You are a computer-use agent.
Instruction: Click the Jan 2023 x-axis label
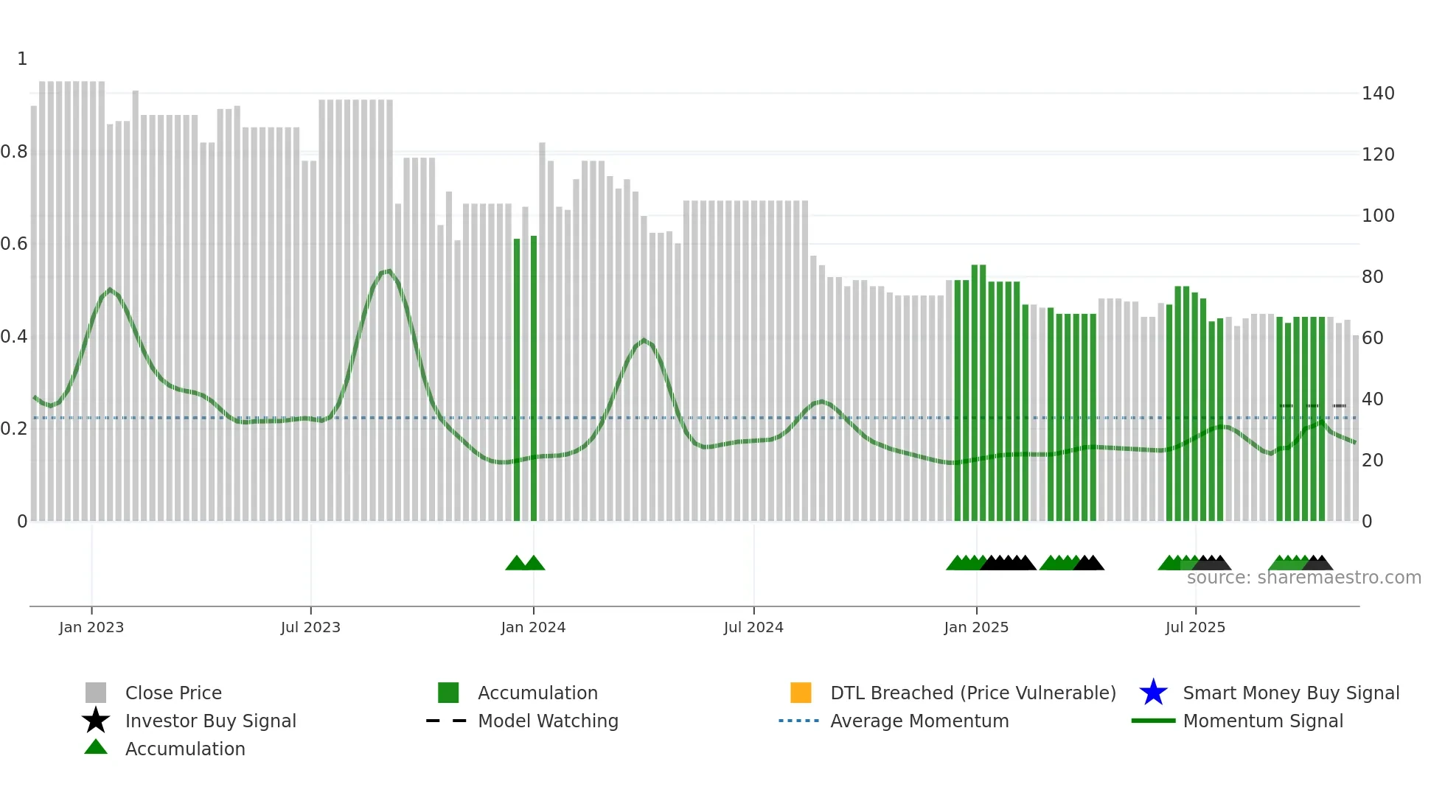point(91,627)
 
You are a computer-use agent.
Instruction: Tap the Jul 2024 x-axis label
point(753,627)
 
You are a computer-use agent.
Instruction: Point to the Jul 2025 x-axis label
point(1195,627)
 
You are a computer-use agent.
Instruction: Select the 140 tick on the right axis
point(1378,94)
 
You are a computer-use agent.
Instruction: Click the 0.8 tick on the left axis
point(14,152)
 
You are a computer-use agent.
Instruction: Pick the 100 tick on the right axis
point(1378,216)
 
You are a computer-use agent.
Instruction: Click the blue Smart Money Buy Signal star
point(1153,693)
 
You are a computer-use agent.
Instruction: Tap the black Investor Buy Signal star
point(96,721)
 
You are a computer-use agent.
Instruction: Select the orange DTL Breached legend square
point(801,693)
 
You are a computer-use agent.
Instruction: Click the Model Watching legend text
point(548,721)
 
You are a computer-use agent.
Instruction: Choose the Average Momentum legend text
point(919,721)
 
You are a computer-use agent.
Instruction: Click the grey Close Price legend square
point(96,693)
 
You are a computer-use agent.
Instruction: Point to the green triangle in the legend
point(96,747)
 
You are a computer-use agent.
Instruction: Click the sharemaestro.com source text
point(1303,578)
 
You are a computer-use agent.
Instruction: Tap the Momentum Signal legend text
point(1263,721)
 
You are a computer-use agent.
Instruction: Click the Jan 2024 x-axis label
point(533,627)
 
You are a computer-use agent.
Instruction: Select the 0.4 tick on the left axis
point(14,337)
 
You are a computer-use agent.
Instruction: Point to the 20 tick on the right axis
point(1373,461)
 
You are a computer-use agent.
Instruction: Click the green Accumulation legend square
point(448,693)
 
